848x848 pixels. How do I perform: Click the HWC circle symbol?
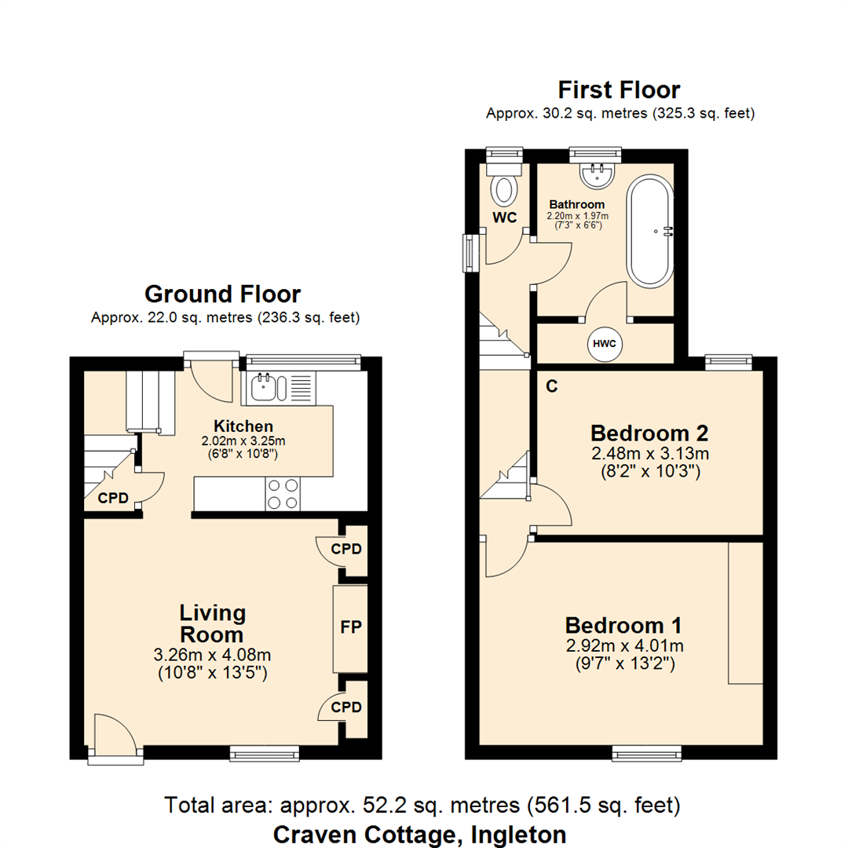pos(604,343)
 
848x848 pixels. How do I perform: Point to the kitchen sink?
pos(264,386)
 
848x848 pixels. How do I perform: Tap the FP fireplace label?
pos(350,628)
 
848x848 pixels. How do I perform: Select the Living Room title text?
pos(212,623)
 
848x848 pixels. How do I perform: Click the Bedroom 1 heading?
pos(623,626)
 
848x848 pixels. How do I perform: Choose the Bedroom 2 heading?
pos(649,433)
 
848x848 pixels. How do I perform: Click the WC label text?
pos(506,217)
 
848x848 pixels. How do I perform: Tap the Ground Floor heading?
pos(222,294)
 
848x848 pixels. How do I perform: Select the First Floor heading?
pos(619,90)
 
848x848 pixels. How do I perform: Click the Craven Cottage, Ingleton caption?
pos(419,834)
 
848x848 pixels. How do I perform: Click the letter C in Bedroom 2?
pos(552,386)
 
